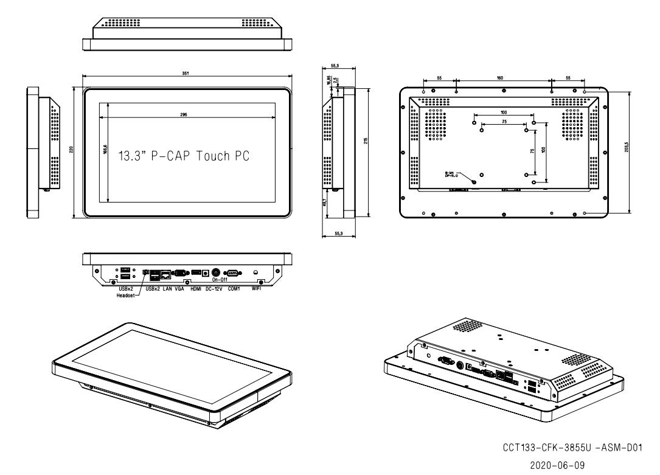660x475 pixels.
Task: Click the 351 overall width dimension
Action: coord(185,74)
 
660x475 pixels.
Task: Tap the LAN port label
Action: coord(168,289)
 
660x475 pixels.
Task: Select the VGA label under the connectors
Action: coord(179,289)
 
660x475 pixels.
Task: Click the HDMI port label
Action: coord(196,289)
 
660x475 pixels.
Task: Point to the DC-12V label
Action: coord(213,289)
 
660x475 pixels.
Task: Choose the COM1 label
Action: coord(234,289)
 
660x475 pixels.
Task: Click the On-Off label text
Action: coord(219,280)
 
